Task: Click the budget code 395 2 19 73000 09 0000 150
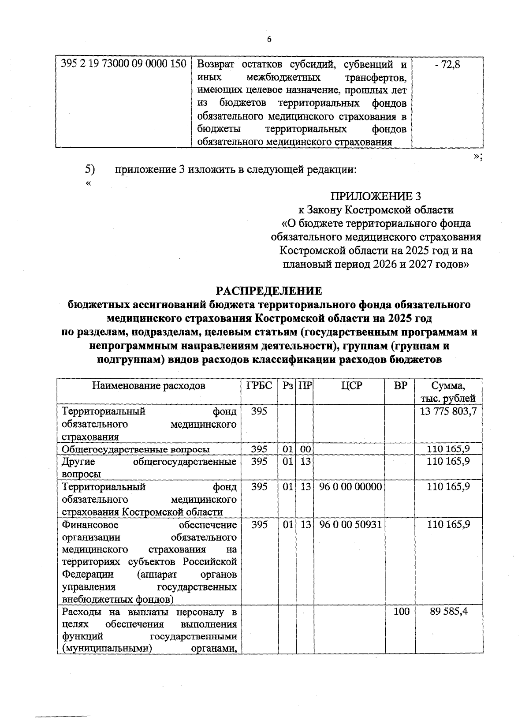(123, 64)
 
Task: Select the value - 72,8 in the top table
(447, 64)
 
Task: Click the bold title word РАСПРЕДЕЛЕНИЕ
(269, 291)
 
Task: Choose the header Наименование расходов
(149, 386)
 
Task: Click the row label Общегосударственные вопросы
(136, 449)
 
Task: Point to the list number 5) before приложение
(90, 169)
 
